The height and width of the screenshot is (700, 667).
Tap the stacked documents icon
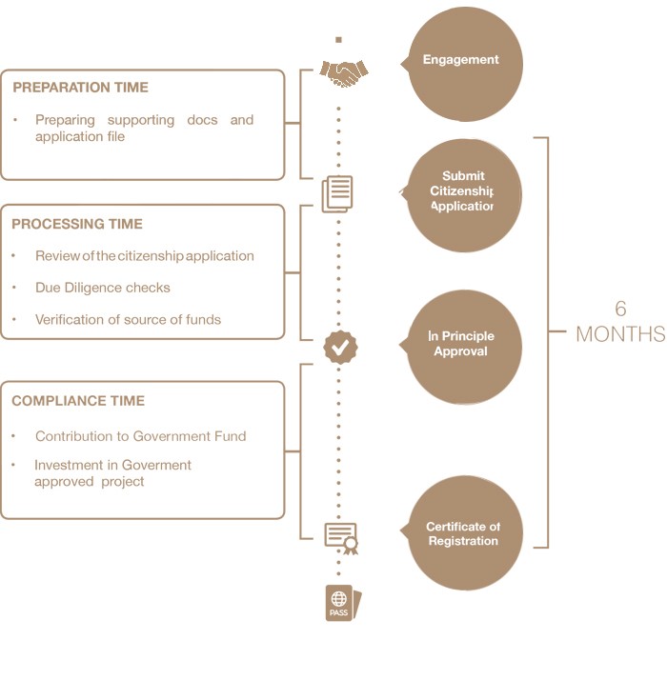click(x=337, y=193)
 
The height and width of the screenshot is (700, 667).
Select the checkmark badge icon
click(x=340, y=347)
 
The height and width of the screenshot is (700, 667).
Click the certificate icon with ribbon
click(x=341, y=537)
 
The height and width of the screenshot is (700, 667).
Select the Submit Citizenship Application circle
click(x=464, y=194)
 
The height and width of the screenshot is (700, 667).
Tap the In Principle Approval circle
click(x=464, y=347)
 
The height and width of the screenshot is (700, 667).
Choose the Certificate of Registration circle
click(x=464, y=533)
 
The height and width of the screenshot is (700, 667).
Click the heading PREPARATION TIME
click(x=80, y=88)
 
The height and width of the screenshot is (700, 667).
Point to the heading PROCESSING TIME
click(x=77, y=225)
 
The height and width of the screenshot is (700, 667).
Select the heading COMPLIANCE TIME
click(x=78, y=401)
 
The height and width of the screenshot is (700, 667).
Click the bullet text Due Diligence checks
click(x=103, y=288)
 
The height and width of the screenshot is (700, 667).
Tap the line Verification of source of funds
click(x=128, y=320)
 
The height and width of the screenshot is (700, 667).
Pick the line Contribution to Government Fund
click(x=140, y=436)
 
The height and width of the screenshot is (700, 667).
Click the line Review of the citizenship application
click(x=145, y=256)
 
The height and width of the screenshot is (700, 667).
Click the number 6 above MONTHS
click(x=620, y=309)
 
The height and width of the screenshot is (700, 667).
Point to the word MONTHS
click(x=620, y=334)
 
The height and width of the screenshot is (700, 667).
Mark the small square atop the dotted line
click(x=339, y=40)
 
